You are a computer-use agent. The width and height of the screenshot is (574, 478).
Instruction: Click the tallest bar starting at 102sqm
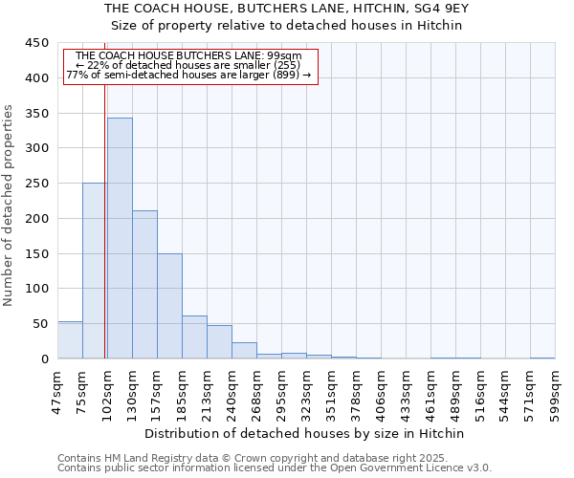point(120,238)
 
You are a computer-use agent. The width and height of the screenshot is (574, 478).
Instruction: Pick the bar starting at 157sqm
point(169,306)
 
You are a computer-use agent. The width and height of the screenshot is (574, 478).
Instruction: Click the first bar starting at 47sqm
point(70,340)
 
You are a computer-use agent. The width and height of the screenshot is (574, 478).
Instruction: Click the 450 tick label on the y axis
point(36,43)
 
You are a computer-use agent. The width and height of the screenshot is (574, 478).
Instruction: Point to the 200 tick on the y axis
point(36,219)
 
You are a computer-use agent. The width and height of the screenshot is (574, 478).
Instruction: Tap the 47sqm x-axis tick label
point(58,389)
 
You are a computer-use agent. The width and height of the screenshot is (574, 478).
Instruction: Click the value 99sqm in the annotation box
point(286,56)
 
